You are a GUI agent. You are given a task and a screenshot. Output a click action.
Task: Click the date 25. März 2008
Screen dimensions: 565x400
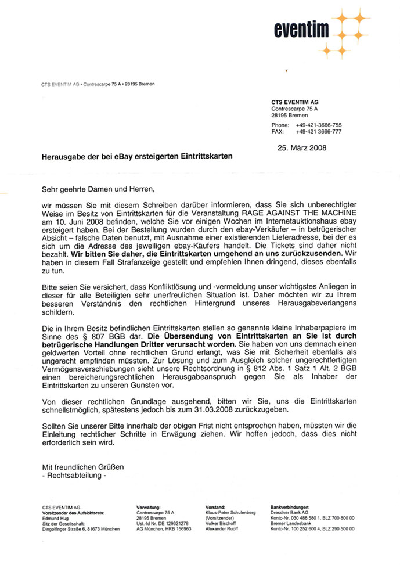(302, 147)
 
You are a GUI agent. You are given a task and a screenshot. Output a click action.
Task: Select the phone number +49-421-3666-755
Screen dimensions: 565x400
(318, 125)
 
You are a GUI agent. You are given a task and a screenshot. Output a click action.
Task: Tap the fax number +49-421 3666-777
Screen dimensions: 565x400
(318, 132)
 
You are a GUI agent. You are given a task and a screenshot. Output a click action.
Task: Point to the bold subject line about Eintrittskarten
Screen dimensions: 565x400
(136, 157)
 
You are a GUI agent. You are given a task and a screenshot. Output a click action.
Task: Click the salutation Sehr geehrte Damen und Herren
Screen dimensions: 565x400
(99, 189)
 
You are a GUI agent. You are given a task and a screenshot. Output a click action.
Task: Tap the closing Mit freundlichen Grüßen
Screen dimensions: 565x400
(83, 467)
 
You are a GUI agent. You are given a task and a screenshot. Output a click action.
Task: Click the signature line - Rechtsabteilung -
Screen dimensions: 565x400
(75, 476)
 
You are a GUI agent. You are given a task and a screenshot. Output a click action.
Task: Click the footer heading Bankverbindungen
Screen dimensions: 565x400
(290, 508)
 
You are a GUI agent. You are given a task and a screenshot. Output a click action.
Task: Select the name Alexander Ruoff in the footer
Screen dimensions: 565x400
(221, 529)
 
